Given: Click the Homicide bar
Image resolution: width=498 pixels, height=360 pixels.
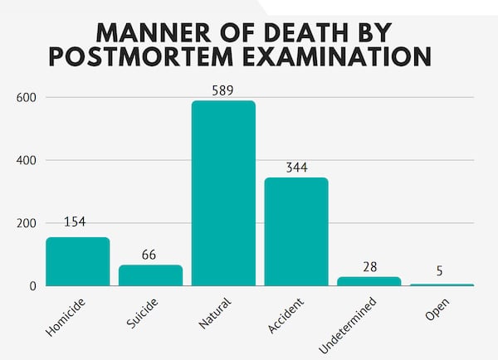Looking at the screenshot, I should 77,261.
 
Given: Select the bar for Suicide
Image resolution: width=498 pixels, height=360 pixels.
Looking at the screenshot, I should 150,275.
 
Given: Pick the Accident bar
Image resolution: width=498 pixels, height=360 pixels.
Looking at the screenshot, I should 296,232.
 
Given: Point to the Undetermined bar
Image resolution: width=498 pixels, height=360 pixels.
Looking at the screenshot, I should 369,281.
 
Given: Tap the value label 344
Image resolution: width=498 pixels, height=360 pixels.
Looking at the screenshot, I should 296,167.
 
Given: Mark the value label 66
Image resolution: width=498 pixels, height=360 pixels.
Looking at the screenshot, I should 149,254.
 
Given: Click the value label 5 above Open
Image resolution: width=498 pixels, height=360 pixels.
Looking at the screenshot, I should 442,270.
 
